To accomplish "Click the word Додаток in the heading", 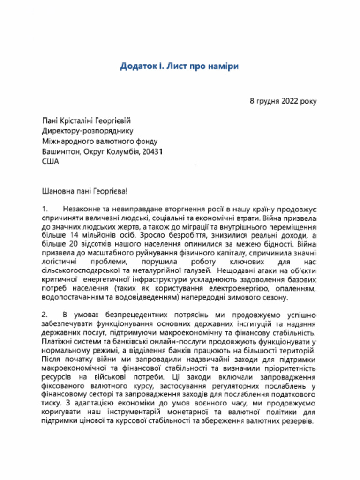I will [x=136, y=66].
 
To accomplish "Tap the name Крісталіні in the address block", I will [x=83, y=120].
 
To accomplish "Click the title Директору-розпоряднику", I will [x=88, y=131].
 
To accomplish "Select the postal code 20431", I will [x=151, y=151].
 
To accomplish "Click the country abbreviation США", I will [x=51, y=162].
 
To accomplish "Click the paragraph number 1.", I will [x=45, y=209].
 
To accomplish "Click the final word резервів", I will [x=297, y=420].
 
